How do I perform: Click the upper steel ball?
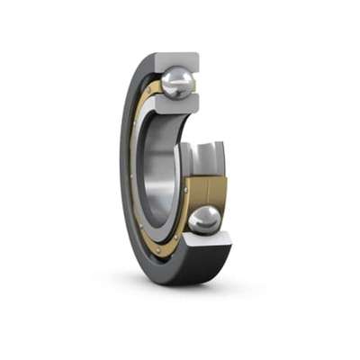click(x=177, y=83)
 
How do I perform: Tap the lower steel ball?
click(x=205, y=220)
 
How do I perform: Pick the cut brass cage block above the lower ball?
click(x=206, y=191)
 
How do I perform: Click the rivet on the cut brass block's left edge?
click(x=187, y=191)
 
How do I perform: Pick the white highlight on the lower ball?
click(x=201, y=215)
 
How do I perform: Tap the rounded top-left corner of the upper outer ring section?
click(x=159, y=56)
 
